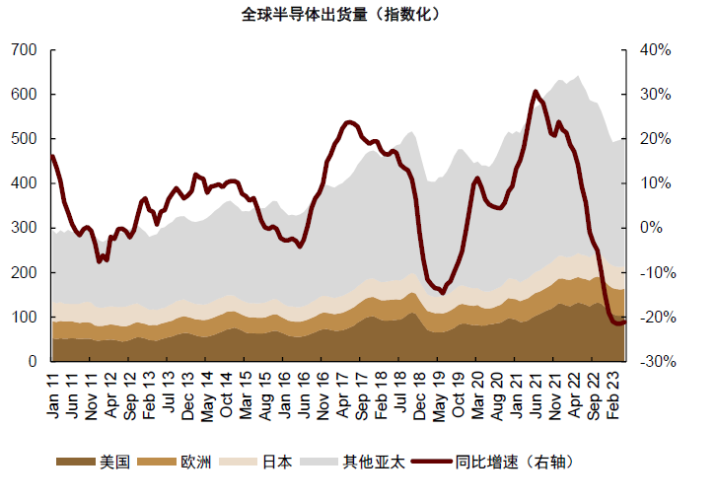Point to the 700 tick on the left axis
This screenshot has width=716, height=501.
pyautogui.click(x=26, y=50)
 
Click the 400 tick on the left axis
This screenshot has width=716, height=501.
pyautogui.click(x=26, y=183)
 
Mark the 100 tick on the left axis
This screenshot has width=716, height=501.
pyautogui.click(x=26, y=318)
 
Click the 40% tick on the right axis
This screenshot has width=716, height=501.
pyautogui.click(x=654, y=50)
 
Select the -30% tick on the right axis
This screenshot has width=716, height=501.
pyautogui.click(x=654, y=362)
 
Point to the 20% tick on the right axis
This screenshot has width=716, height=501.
pyautogui.click(x=654, y=139)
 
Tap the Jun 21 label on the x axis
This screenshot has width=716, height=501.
pyautogui.click(x=534, y=393)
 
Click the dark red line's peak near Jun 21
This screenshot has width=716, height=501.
pyautogui.click(x=536, y=92)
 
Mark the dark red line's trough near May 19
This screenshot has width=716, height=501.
pyautogui.click(x=443, y=293)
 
